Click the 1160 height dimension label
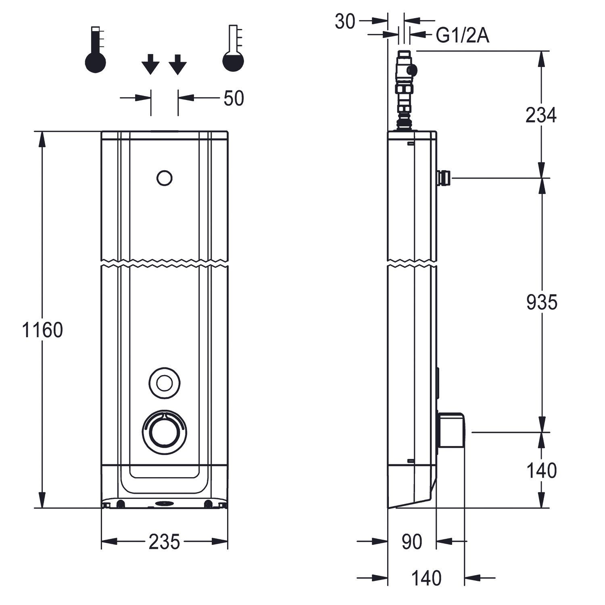click(x=42, y=330)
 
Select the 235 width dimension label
click(x=164, y=542)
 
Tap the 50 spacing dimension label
click(x=234, y=98)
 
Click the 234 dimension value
click(x=541, y=115)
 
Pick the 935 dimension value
click(x=541, y=302)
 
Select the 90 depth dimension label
click(x=412, y=542)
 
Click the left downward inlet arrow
click(x=150, y=64)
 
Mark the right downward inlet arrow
click(x=177, y=64)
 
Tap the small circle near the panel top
click(x=164, y=178)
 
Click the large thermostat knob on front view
click(x=164, y=432)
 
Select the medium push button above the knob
click(x=164, y=383)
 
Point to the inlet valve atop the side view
click(x=405, y=89)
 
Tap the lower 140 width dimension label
click(x=426, y=578)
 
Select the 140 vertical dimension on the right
click(x=541, y=470)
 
